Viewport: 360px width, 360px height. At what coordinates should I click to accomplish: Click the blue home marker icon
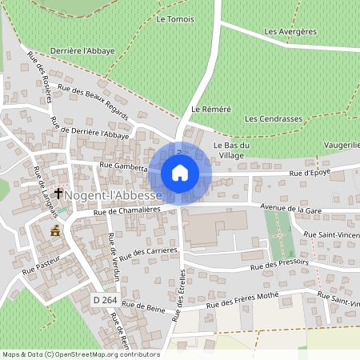[180, 173]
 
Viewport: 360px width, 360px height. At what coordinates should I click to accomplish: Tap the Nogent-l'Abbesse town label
[114, 194]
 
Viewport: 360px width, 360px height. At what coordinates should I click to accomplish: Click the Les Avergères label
[290, 32]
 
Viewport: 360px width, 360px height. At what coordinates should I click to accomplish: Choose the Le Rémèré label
[211, 108]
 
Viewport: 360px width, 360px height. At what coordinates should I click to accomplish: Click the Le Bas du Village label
[233, 150]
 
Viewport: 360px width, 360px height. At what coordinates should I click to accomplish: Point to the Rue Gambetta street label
[124, 166]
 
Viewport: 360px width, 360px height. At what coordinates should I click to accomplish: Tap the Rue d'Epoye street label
[311, 173]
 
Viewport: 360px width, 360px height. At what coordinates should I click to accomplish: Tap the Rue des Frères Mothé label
[243, 302]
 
